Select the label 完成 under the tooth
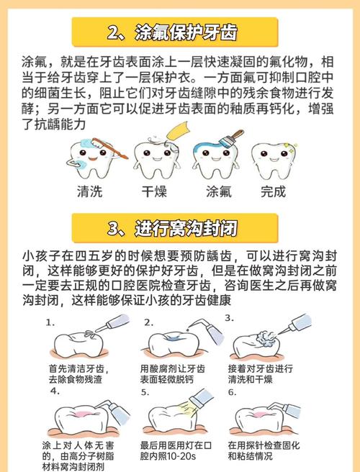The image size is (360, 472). (x=274, y=192)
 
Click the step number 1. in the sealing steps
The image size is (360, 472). (x=50, y=322)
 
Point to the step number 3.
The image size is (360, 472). (x=228, y=317)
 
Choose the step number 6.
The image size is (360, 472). (x=232, y=393)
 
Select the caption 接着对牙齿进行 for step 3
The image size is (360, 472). (x=260, y=368)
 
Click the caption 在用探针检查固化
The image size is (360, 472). (x=260, y=445)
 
